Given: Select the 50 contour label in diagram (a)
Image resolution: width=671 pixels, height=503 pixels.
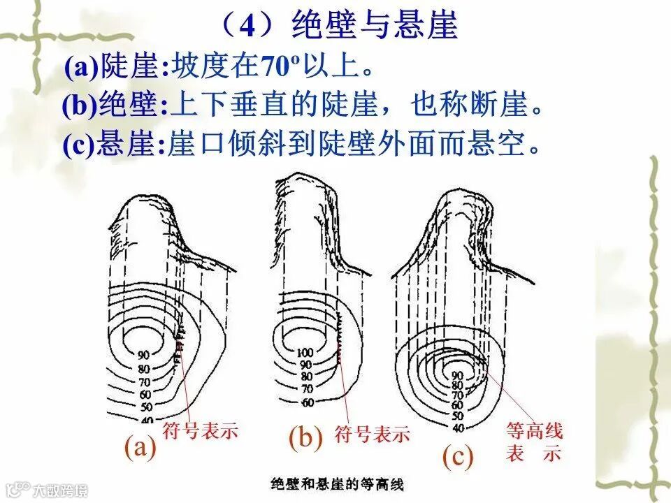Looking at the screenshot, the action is (145, 407).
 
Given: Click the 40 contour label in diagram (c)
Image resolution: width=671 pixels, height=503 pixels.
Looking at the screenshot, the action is (458, 427).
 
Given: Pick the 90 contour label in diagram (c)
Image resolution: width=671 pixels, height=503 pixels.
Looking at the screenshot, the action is (458, 376).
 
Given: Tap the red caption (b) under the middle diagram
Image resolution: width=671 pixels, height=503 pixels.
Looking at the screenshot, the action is (305, 437).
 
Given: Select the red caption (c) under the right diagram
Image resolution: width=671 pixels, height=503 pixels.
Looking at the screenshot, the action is (458, 457).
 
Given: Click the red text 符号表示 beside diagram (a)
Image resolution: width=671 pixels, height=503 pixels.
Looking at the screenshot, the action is (200, 430).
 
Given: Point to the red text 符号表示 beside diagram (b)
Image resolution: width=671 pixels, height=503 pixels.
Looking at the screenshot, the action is (372, 434).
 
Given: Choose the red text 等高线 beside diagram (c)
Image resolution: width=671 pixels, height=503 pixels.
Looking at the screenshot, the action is (534, 431).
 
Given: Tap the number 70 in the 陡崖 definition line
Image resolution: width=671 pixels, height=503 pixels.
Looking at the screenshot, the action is (271, 67).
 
